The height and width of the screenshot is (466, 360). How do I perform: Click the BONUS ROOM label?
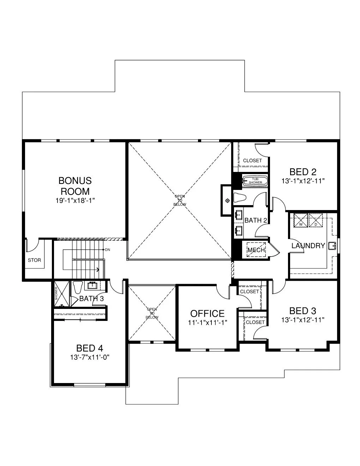(x=75, y=186)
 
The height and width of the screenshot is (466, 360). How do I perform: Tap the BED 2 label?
(x=303, y=172)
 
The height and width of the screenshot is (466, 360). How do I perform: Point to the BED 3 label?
(x=302, y=311)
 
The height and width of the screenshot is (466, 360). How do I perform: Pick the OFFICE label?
(x=207, y=313)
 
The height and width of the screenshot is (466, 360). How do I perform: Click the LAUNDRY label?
(x=308, y=246)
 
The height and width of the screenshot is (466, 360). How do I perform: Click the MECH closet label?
(x=256, y=250)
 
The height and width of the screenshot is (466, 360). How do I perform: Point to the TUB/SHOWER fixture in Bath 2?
(x=254, y=181)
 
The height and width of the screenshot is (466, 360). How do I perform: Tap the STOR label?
(x=34, y=260)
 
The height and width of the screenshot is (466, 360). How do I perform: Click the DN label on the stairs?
(x=108, y=250)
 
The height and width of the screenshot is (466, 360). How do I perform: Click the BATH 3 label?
(x=91, y=299)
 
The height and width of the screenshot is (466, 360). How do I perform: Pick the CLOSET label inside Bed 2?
(x=252, y=161)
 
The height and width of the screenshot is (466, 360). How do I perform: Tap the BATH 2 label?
(x=256, y=220)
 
